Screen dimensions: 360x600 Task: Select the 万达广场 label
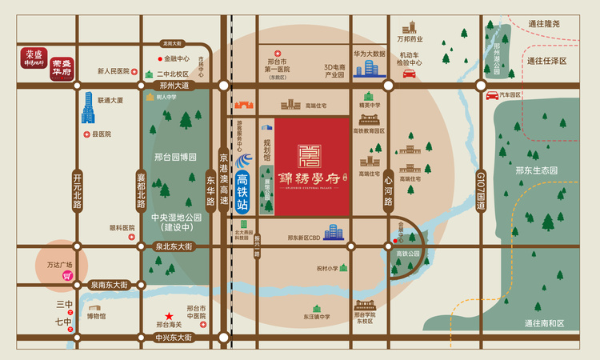click(58, 265)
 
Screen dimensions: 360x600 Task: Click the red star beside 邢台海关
click(168, 316)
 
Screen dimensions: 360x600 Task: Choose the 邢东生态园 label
click(536, 170)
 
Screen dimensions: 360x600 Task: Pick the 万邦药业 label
click(410, 38)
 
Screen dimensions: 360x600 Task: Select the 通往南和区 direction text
click(544, 323)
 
